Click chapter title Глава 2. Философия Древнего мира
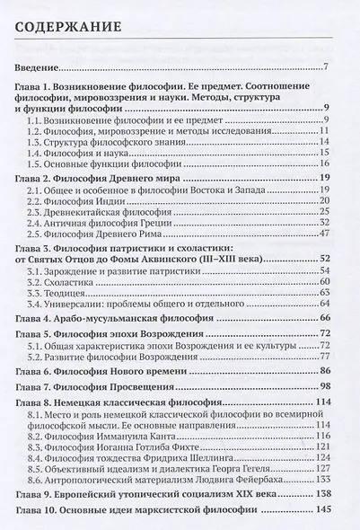tap(99, 179)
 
